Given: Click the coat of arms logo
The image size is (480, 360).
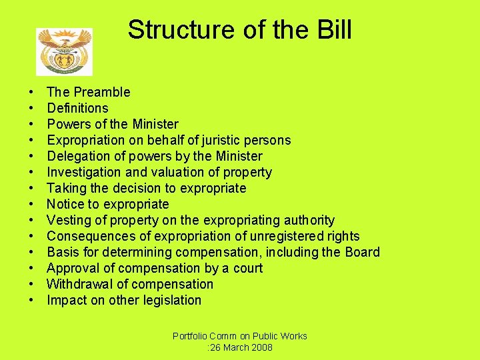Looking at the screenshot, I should [64, 51].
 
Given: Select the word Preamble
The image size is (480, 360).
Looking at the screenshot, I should [102, 92].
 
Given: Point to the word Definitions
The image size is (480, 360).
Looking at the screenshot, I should [77, 108].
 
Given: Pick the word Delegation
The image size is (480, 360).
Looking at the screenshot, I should [77, 156].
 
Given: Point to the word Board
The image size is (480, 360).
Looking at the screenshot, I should [363, 252].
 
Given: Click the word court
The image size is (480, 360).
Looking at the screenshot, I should [247, 268].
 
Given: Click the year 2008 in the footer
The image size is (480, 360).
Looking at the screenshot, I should [260, 347].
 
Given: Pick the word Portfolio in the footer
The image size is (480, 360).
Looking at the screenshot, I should [191, 336].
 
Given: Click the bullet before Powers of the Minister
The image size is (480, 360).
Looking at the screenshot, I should [31, 125].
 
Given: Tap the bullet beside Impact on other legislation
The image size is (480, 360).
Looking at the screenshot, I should [31, 301].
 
